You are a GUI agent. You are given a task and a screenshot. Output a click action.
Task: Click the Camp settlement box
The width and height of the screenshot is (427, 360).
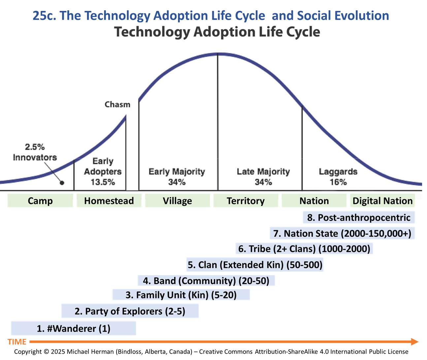pos(40,201)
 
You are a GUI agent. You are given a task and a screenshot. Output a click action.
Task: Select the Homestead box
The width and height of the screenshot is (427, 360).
pos(109,201)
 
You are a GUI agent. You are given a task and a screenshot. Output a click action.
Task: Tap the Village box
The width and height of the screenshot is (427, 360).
pos(177,201)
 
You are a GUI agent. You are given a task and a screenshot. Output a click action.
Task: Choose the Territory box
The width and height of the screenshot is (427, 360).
pos(246,201)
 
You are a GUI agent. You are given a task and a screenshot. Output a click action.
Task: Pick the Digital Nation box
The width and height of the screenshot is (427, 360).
pos(382,201)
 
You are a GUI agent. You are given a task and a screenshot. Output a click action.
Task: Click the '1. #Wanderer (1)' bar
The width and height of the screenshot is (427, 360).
pos(73,328)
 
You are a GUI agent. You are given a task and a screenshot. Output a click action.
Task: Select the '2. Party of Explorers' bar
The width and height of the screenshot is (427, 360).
pos(130,311)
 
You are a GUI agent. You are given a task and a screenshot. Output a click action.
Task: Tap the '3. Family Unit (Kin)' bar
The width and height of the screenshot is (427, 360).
pos(181,295)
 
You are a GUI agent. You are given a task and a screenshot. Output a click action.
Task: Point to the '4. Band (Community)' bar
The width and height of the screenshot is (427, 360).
pos(206,281)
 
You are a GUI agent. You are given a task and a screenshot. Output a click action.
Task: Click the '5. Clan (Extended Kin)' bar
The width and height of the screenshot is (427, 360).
pos(255,265)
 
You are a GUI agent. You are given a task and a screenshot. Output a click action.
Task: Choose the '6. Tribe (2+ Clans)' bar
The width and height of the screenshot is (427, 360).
pos(304,248)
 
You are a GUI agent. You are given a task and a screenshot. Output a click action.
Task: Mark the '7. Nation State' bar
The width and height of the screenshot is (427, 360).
pos(342,233)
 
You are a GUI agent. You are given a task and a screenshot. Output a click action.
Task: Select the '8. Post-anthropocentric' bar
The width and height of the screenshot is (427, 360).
pos(359,217)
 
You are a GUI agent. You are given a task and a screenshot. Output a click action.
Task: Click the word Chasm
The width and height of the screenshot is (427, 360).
pos(117,105)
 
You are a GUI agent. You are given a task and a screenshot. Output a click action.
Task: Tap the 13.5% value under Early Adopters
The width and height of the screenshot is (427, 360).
pos(103,182)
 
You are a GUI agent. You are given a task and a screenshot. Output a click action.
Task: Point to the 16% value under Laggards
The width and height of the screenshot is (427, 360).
pos(338,182)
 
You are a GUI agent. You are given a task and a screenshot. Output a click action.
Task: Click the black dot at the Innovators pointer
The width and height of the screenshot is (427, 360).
pos(62,183)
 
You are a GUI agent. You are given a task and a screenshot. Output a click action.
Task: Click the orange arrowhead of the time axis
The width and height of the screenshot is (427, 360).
pos(415,342)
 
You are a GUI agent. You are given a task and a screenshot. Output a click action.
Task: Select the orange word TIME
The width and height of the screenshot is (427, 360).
pos(17,342)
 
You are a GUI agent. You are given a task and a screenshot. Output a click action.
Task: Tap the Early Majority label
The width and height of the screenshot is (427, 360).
pos(177,172)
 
